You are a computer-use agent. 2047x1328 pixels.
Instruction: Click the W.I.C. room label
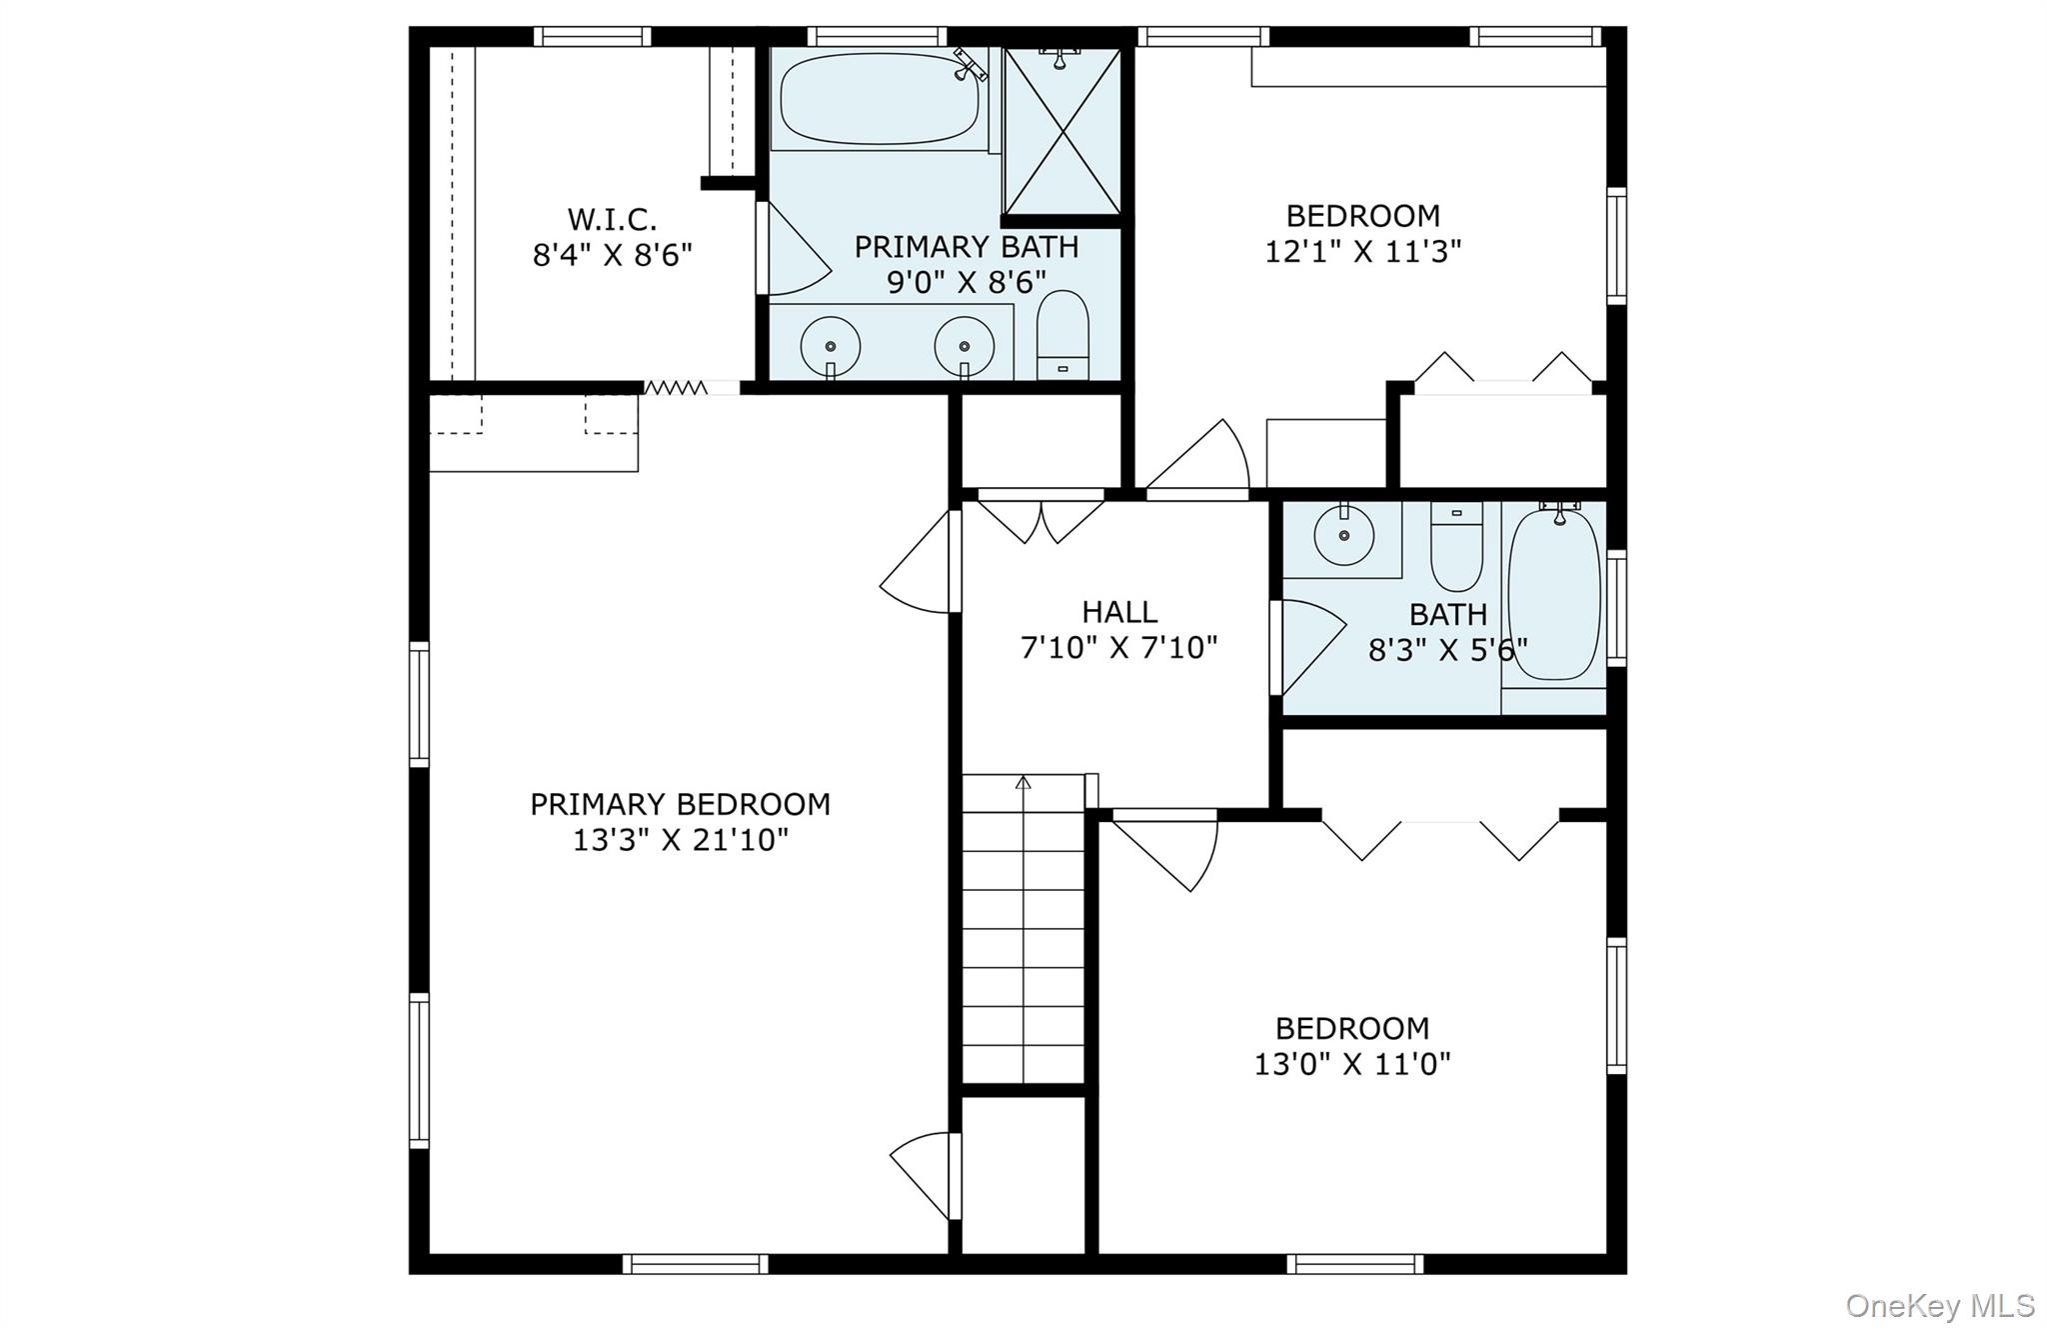click(612, 219)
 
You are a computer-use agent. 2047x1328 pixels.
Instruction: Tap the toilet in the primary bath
click(1062, 335)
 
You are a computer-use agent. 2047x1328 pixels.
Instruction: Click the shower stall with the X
click(1062, 131)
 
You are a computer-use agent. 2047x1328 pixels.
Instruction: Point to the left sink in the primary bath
click(831, 347)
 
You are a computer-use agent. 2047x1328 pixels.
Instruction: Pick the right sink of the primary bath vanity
click(965, 347)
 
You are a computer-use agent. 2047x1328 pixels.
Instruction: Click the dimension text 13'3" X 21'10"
click(681, 840)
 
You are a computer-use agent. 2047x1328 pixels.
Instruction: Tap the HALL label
click(1119, 612)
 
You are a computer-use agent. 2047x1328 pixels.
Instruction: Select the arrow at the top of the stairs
click(1023, 782)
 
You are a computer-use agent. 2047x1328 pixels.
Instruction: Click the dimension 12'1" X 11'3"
click(1363, 251)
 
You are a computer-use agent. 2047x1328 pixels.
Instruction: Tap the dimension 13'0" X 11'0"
click(1352, 1064)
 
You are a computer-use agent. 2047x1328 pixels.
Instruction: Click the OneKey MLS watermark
click(1940, 1305)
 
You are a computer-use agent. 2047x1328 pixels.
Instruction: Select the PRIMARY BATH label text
click(967, 247)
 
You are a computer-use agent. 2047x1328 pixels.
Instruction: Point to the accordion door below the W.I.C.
click(675, 387)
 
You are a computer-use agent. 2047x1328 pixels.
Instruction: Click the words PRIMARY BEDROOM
click(681, 804)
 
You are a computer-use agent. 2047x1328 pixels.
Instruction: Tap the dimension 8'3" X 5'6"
click(1448, 651)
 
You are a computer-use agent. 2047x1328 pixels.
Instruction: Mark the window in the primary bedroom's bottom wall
click(696, 1264)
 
